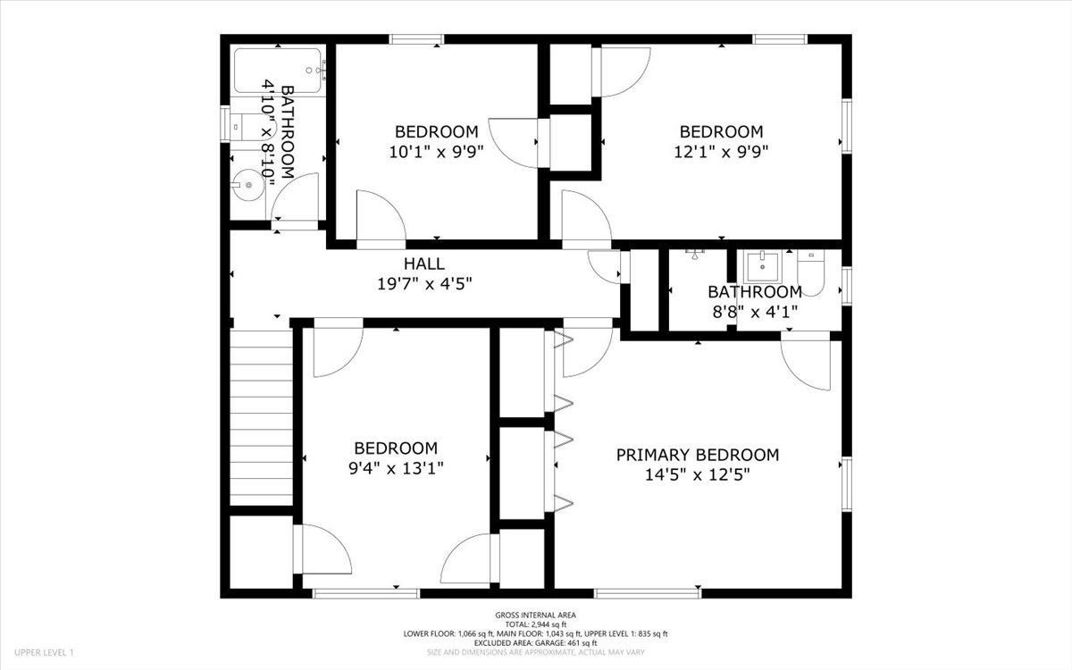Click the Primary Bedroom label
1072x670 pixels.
point(697,455)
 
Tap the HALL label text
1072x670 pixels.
point(424,264)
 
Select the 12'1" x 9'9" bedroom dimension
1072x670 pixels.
point(721,152)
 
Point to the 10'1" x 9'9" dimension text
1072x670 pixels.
point(436,152)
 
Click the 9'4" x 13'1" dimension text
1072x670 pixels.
point(396,467)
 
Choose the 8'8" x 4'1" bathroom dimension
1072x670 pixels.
point(755,311)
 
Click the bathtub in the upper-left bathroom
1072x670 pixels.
point(278,71)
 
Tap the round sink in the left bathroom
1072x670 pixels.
point(248,188)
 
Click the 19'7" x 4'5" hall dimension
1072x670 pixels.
point(424,284)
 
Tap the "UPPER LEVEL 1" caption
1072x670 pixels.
point(44,654)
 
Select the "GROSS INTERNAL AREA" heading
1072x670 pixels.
point(536,615)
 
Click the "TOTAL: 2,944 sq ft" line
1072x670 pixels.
point(536,624)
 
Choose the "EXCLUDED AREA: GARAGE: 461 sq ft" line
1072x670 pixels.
point(536,642)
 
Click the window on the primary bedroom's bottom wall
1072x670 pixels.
point(648,592)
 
